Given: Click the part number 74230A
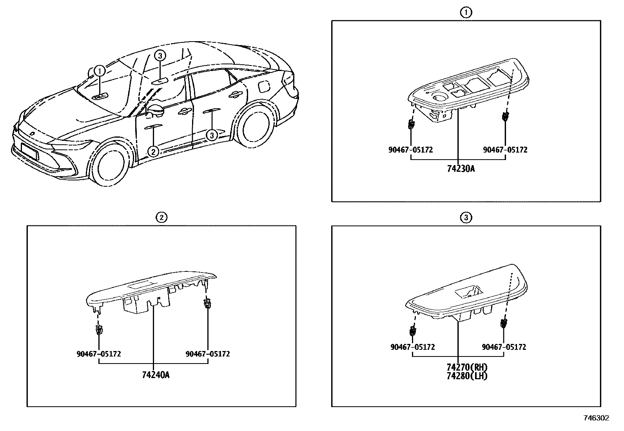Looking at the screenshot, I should coord(461,169).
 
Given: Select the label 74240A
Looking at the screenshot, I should coord(156,375).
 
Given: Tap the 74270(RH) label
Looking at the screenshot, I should coord(466,367).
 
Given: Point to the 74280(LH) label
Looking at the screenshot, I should coord(466,376).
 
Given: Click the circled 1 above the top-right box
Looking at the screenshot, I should coord(466,13).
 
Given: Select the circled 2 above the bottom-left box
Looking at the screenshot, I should coord(161,217).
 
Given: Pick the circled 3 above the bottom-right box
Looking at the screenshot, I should coord(466,218).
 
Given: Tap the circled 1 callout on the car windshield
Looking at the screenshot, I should coord(100,71).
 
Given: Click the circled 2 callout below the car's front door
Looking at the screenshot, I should coord(153,151).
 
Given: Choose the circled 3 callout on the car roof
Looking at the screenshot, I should coord(160,56).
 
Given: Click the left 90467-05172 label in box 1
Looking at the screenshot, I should coord(411,150).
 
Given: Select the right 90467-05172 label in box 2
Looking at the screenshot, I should coord(207,354).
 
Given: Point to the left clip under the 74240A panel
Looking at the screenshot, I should coord(99,329).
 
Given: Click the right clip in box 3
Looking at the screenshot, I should coord(503,324).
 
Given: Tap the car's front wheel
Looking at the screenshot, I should coord(111,167).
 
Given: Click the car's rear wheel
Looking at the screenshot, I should coord(253,125).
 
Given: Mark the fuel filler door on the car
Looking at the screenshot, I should coord(264,85).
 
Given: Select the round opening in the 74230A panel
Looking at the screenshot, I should coord(439,97).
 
